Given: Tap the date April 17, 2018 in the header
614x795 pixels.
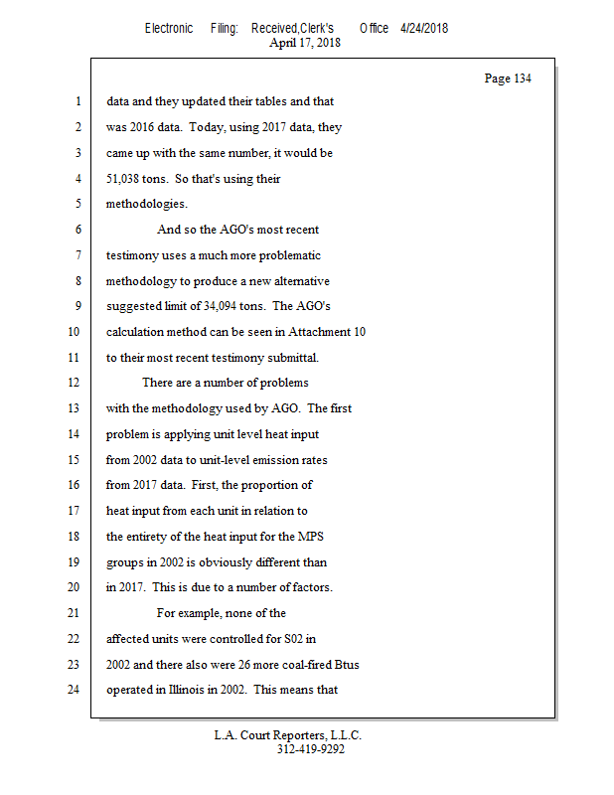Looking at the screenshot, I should point(306,43).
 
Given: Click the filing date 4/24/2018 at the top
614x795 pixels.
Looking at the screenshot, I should point(424,28).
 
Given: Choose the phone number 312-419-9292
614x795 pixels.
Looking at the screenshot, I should point(310,749).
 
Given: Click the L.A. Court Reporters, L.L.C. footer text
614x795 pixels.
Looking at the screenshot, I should point(288,735).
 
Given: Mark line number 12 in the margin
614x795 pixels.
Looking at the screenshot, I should point(75,383).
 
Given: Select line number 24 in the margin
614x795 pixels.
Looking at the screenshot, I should point(75,689).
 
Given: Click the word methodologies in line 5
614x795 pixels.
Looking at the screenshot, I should point(145,204).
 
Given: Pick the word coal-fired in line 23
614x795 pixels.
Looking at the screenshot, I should point(297,663).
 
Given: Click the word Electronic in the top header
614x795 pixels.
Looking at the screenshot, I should point(169,28).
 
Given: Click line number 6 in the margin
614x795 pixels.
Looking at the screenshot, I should point(77,230).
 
